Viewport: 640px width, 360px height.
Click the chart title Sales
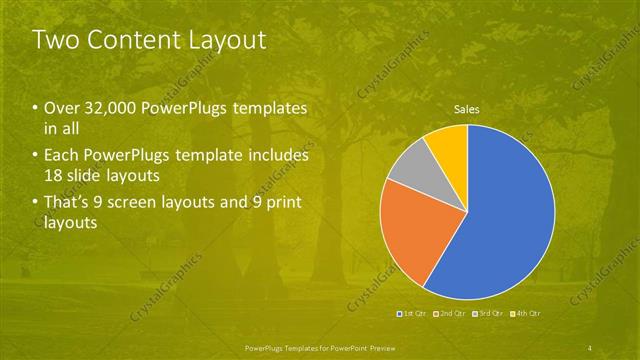tap(467, 109)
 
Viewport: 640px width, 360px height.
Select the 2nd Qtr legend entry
tap(452, 314)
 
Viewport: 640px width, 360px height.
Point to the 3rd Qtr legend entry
tap(489, 314)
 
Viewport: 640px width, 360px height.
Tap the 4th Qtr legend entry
tap(526, 314)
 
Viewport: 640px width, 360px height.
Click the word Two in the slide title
tap(53, 41)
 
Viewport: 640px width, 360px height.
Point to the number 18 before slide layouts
tap(53, 176)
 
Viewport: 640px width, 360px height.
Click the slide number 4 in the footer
tap(590, 346)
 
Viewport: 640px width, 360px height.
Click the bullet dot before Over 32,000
tap(37, 108)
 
